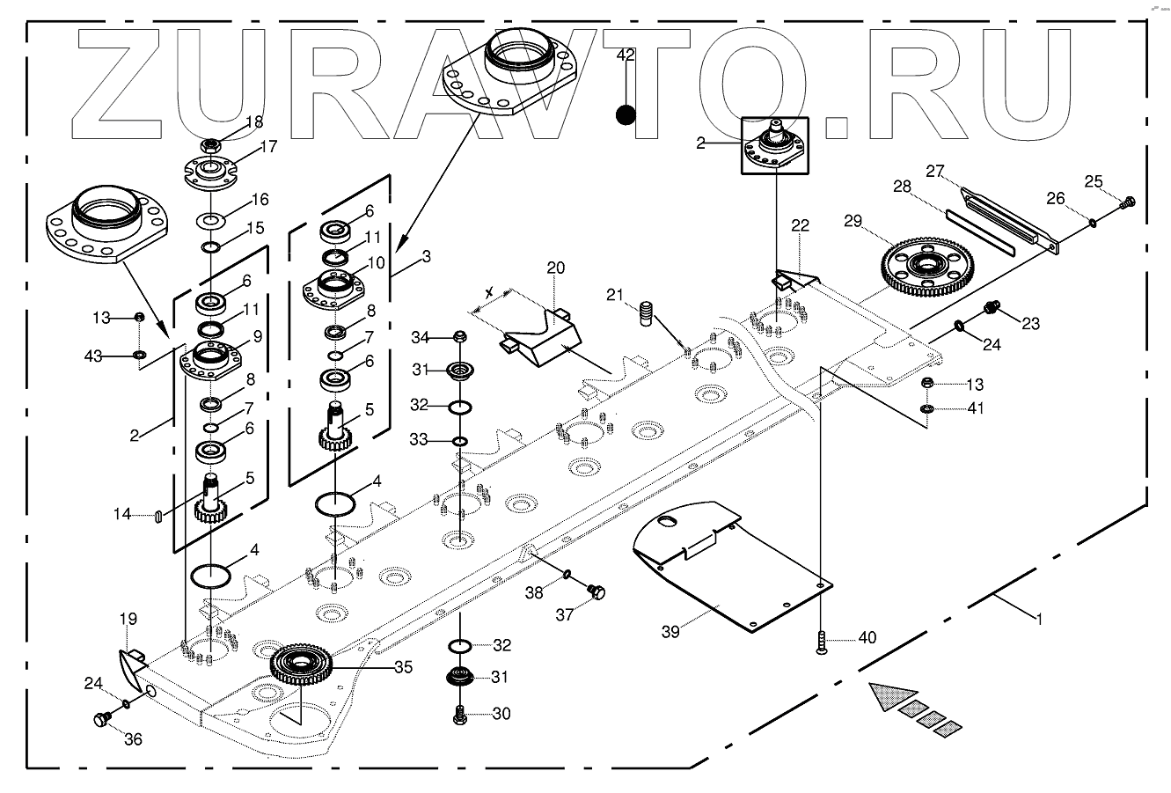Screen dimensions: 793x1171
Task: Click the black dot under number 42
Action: [x=626, y=114]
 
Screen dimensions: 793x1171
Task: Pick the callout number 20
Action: [x=556, y=268]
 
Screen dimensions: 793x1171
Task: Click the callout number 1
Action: [x=1039, y=619]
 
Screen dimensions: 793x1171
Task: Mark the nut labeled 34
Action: [x=458, y=337]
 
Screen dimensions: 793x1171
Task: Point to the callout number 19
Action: [x=128, y=620]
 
